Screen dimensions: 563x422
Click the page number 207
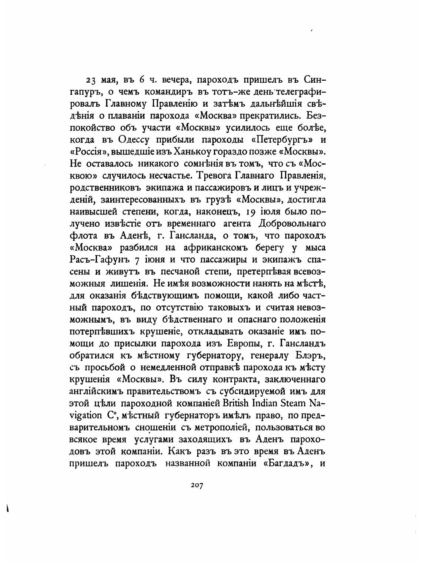pyautogui.click(x=197, y=486)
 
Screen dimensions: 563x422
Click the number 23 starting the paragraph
pyautogui.click(x=91, y=80)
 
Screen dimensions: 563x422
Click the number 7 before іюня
pyautogui.click(x=137, y=260)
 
